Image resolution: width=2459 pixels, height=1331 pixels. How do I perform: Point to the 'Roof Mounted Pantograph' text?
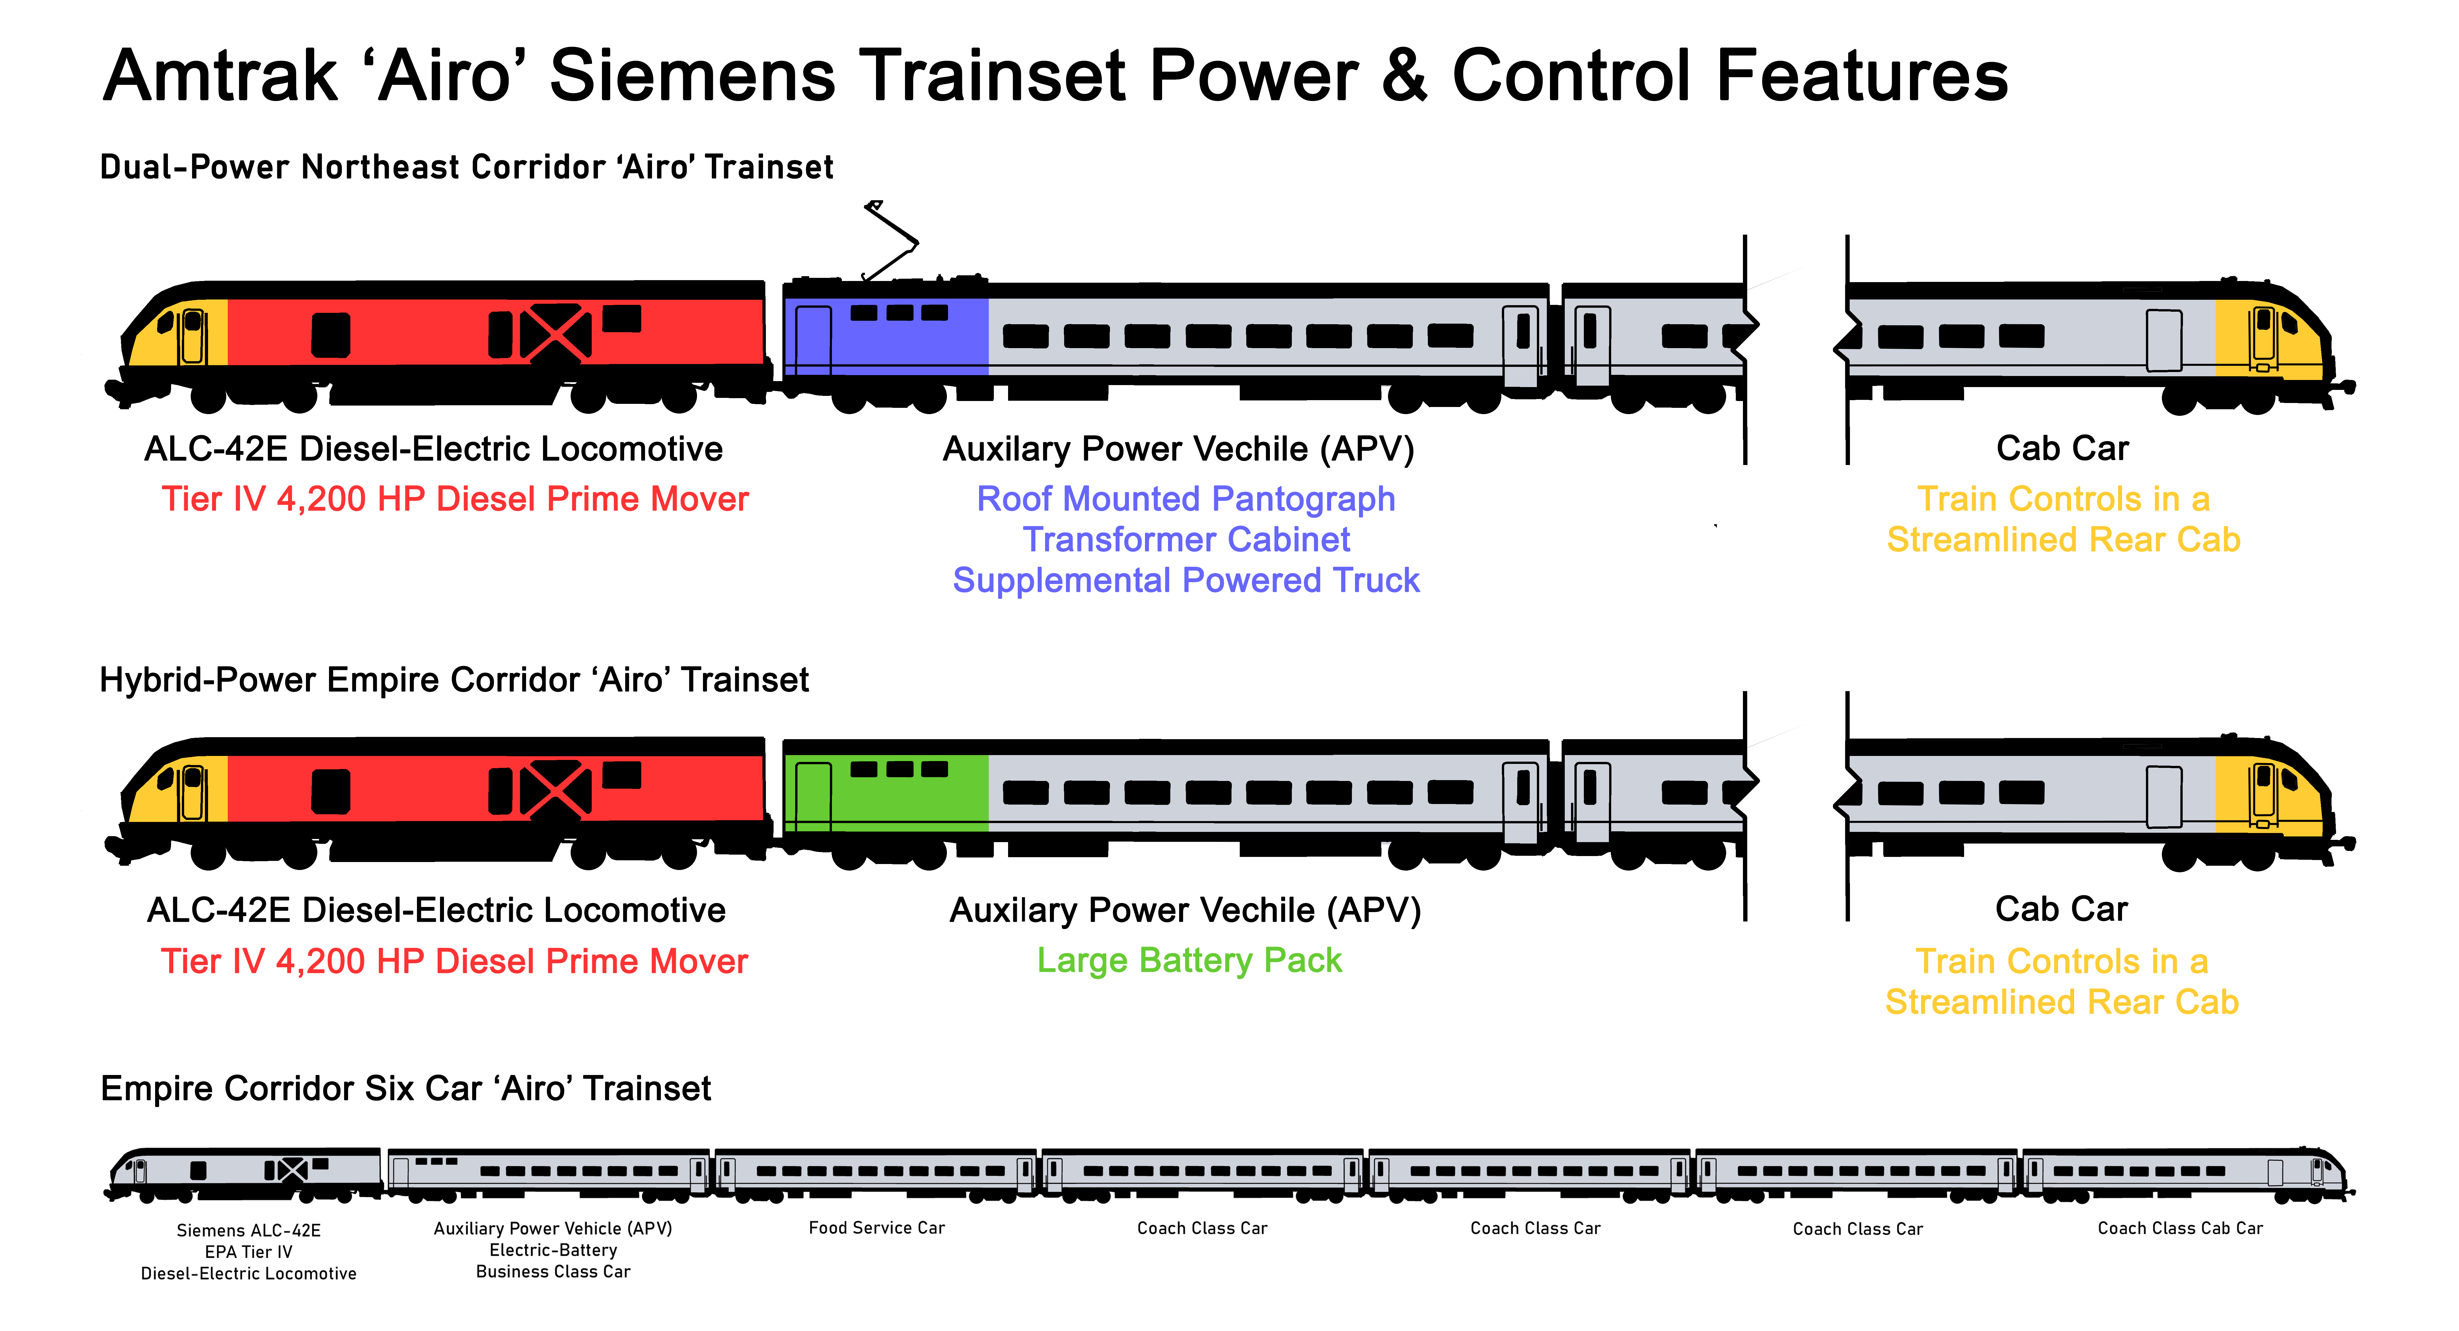coord(1186,499)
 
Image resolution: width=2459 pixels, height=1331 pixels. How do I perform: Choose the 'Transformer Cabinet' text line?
coord(1187,540)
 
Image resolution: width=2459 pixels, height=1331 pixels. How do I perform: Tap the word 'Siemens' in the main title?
coord(692,76)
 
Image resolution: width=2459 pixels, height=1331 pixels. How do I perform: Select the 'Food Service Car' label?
coord(876,1228)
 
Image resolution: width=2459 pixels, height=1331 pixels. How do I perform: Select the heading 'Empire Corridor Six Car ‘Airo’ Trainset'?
coord(406,1089)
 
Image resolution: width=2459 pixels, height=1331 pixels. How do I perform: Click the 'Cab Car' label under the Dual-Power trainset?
coord(2062,449)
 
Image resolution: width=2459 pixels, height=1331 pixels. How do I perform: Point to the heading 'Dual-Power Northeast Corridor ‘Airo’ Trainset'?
coord(466,167)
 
